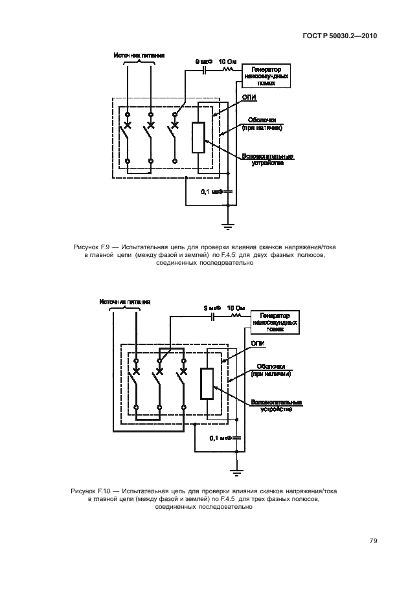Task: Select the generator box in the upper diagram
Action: (x=266, y=75)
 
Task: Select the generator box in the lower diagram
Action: (x=276, y=322)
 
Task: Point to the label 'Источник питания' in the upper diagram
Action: (x=139, y=56)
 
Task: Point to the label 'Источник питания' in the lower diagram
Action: (x=125, y=302)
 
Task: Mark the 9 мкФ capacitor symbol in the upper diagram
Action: (x=206, y=67)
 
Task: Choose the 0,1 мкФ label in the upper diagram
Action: (x=212, y=192)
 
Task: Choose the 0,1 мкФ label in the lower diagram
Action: (x=221, y=438)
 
